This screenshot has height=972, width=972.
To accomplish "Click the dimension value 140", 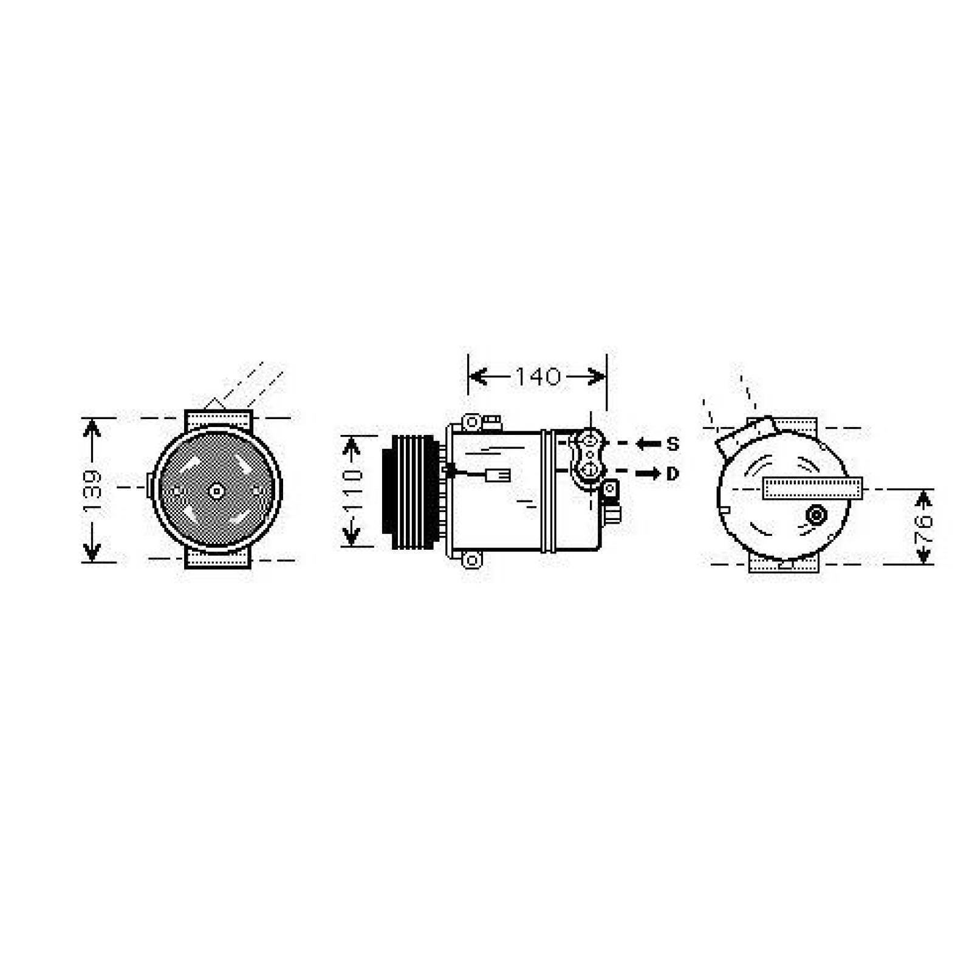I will [538, 377].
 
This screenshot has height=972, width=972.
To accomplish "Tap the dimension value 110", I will [352, 490].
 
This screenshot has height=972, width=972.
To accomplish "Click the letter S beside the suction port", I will [672, 444].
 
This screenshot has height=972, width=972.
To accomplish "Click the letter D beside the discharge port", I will [672, 473].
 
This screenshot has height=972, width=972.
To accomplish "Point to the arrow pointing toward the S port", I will [647, 444].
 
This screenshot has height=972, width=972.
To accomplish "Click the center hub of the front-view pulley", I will [216, 490].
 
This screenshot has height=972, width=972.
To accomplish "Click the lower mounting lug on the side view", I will [471, 560].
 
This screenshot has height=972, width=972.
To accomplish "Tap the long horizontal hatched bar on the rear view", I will [812, 488].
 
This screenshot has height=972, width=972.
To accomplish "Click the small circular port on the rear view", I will [815, 516].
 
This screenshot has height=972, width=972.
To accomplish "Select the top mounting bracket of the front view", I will [218, 419].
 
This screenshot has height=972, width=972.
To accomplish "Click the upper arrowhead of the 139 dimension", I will [92, 428].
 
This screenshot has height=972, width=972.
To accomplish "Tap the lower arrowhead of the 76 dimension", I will [923, 554].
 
